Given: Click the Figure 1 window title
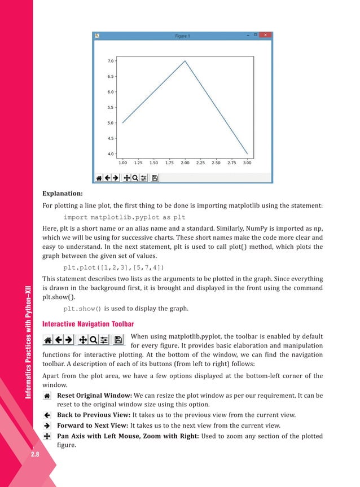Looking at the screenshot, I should tap(181, 36).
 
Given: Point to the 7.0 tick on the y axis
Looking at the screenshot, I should tap(111, 60).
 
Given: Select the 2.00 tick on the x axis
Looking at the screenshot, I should tap(185, 163).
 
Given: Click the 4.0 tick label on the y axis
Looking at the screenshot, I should tap(111, 153).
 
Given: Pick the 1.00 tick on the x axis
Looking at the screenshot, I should tap(122, 163).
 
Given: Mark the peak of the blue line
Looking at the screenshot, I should tap(185, 61).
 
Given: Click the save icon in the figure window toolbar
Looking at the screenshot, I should tap(155, 177).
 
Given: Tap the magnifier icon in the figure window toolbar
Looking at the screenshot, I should tap(135, 177).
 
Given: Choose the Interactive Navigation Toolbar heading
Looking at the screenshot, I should tap(88, 323).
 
